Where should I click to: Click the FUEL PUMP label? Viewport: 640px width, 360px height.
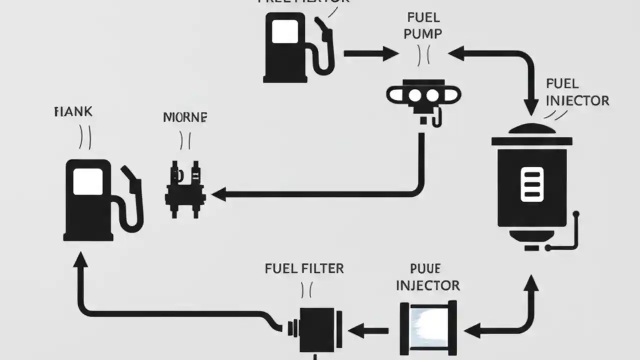coord(422,26)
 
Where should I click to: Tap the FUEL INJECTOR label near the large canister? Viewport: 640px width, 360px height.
coord(577,92)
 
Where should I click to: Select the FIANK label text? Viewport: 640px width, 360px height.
coord(73,111)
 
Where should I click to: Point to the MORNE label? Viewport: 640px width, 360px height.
coord(185,117)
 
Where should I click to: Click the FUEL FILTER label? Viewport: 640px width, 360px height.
coord(304,268)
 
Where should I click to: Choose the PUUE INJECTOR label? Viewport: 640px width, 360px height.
coord(427,277)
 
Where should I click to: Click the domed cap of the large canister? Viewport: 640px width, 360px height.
coord(531,129)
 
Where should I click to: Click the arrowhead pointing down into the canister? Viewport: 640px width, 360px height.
coord(531,106)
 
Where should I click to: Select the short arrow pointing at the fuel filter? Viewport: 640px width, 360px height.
coord(367,330)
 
